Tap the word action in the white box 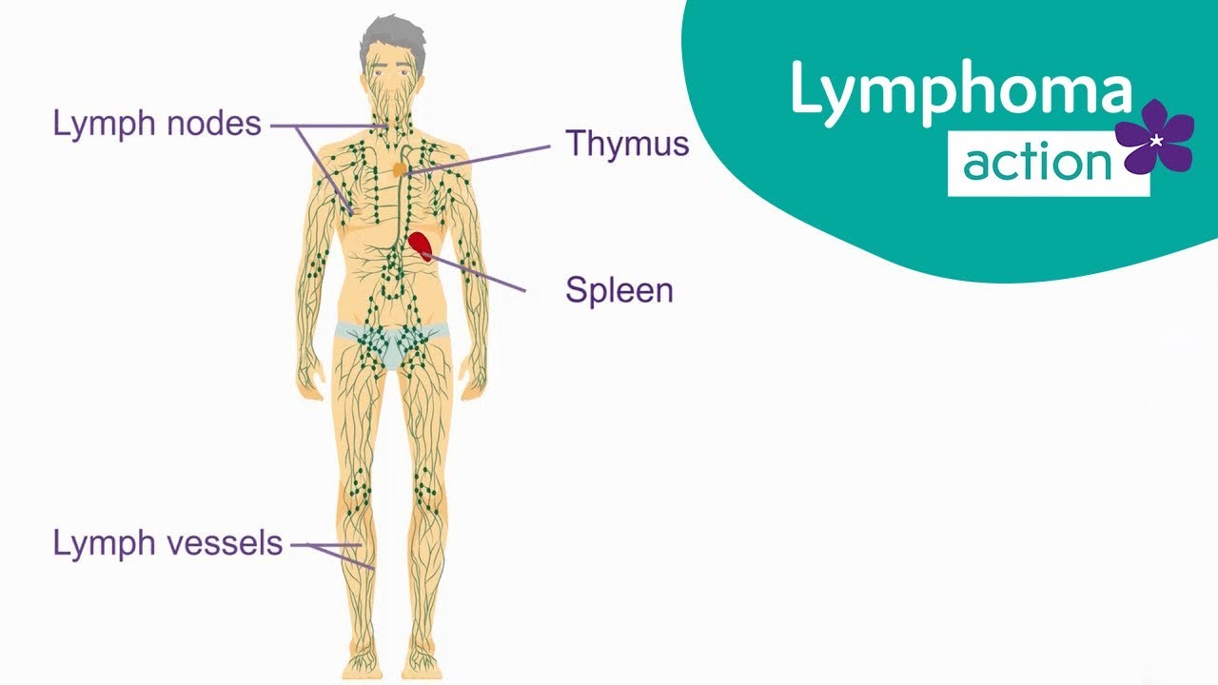tap(1036, 165)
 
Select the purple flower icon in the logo tap(1154, 139)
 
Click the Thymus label tap(627, 144)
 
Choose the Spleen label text tap(619, 289)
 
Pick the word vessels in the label tap(226, 543)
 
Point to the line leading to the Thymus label tap(485, 157)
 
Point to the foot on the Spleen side tap(419, 656)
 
